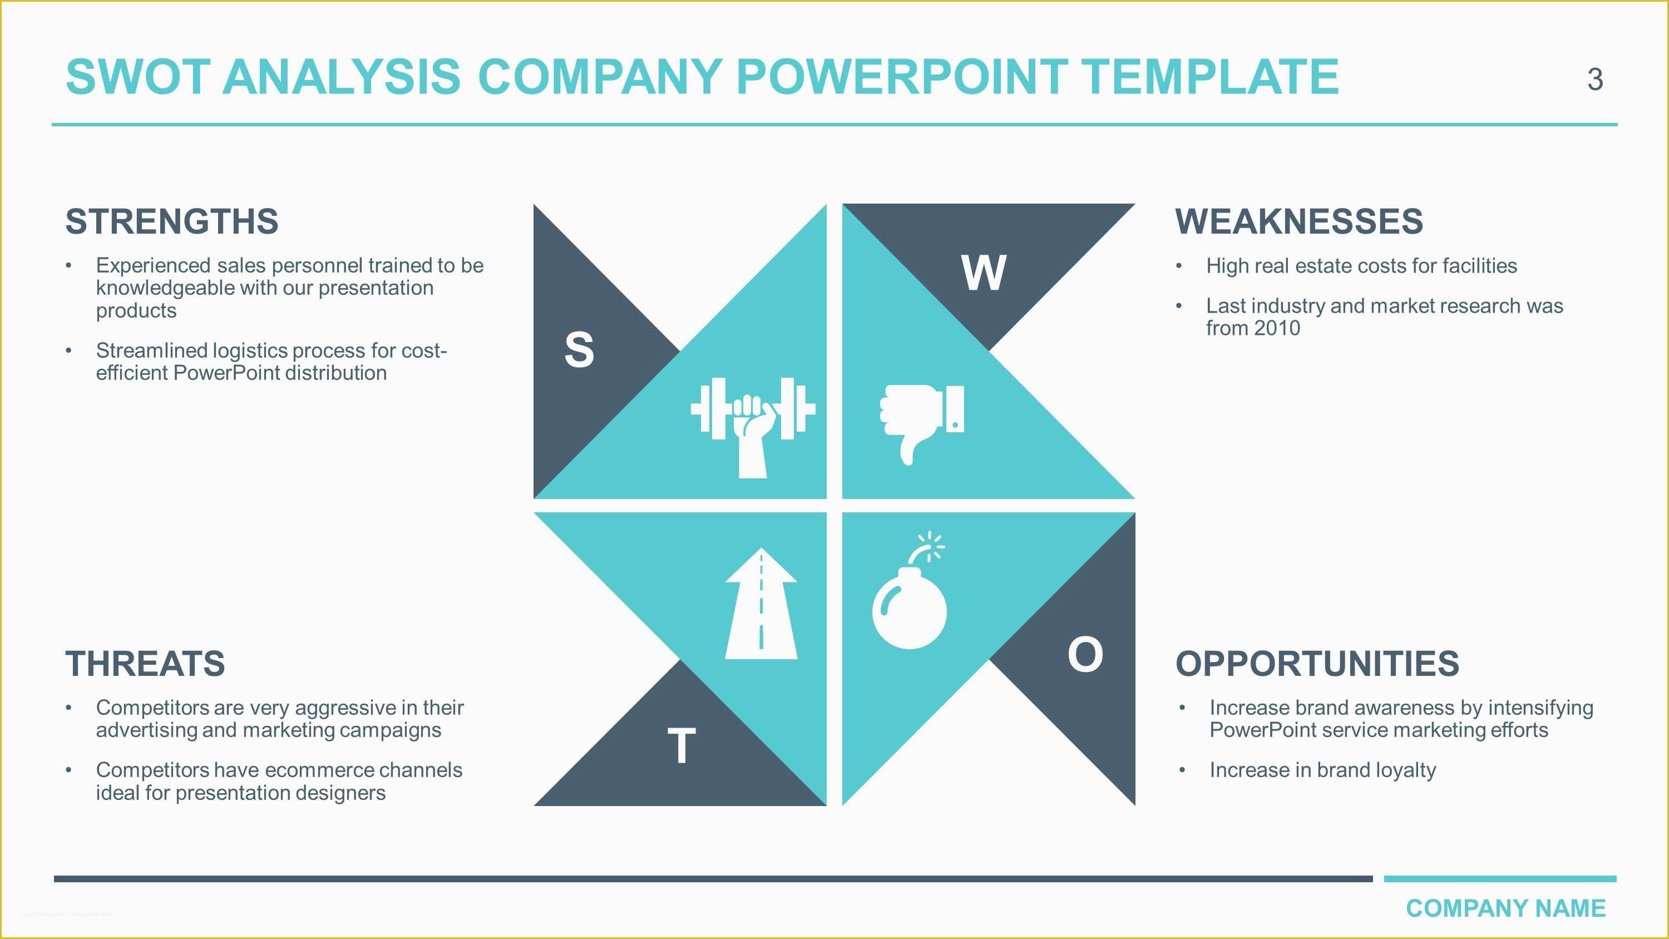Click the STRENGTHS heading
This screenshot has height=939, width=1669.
172,221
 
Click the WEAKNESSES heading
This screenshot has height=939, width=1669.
1298,221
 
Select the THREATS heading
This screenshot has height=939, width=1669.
145,664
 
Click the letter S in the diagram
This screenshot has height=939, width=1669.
579,350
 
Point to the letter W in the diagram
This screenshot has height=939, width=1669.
984,273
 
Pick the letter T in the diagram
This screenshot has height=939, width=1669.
682,746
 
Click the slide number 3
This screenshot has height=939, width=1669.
1594,80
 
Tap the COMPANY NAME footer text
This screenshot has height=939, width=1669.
1505,908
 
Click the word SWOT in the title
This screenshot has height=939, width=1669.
137,77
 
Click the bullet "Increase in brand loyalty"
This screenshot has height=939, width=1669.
1322,770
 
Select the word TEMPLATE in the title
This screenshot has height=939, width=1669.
1209,77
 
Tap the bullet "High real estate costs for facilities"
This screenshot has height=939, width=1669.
1361,266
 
